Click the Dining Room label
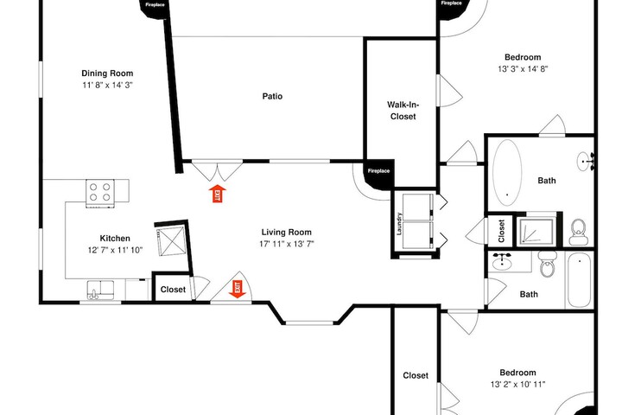(107, 73)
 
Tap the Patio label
(272, 96)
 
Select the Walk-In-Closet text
(403, 111)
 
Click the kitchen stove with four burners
(100, 193)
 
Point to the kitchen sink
(101, 290)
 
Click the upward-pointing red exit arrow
(218, 194)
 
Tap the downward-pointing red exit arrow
(238, 289)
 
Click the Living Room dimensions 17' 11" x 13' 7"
(287, 244)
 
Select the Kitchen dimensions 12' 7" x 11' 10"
(115, 250)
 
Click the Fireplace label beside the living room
(378, 171)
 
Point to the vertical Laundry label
(399, 224)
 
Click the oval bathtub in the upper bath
(507, 173)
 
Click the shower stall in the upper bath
(537, 230)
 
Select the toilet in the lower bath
(549, 264)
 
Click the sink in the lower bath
(502, 262)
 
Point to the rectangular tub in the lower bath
(580, 280)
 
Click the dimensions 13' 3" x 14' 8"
(523, 68)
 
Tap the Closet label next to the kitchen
(173, 290)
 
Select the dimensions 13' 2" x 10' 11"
(517, 385)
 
